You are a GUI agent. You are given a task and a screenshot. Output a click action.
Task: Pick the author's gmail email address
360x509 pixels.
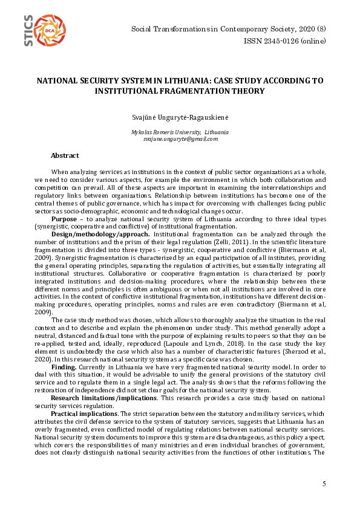point(180,139)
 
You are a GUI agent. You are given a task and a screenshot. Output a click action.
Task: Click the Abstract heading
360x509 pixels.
point(65,155)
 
